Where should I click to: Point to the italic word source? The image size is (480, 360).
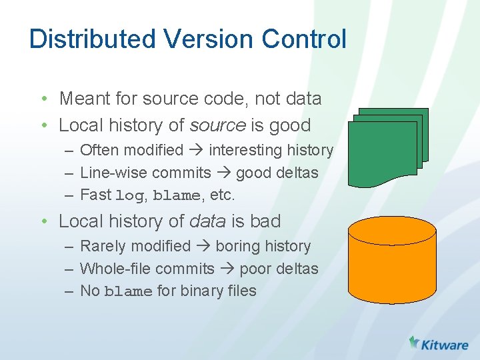pos(218,125)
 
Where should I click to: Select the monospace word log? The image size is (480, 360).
pos(129,196)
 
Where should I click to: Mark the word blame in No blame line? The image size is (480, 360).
pos(128,291)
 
